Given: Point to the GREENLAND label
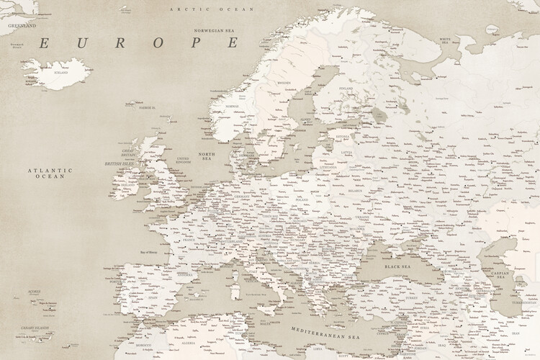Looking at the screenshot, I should pyautogui.click(x=22, y=25).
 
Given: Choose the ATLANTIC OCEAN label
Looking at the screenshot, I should pyautogui.click(x=50, y=173).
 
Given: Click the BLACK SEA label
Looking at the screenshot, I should pyautogui.click(x=397, y=266).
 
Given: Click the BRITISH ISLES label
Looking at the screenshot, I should pyautogui.click(x=119, y=163).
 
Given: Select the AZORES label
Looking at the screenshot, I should pyautogui.click(x=33, y=292).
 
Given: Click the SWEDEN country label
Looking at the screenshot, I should pyautogui.click(x=284, y=83).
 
